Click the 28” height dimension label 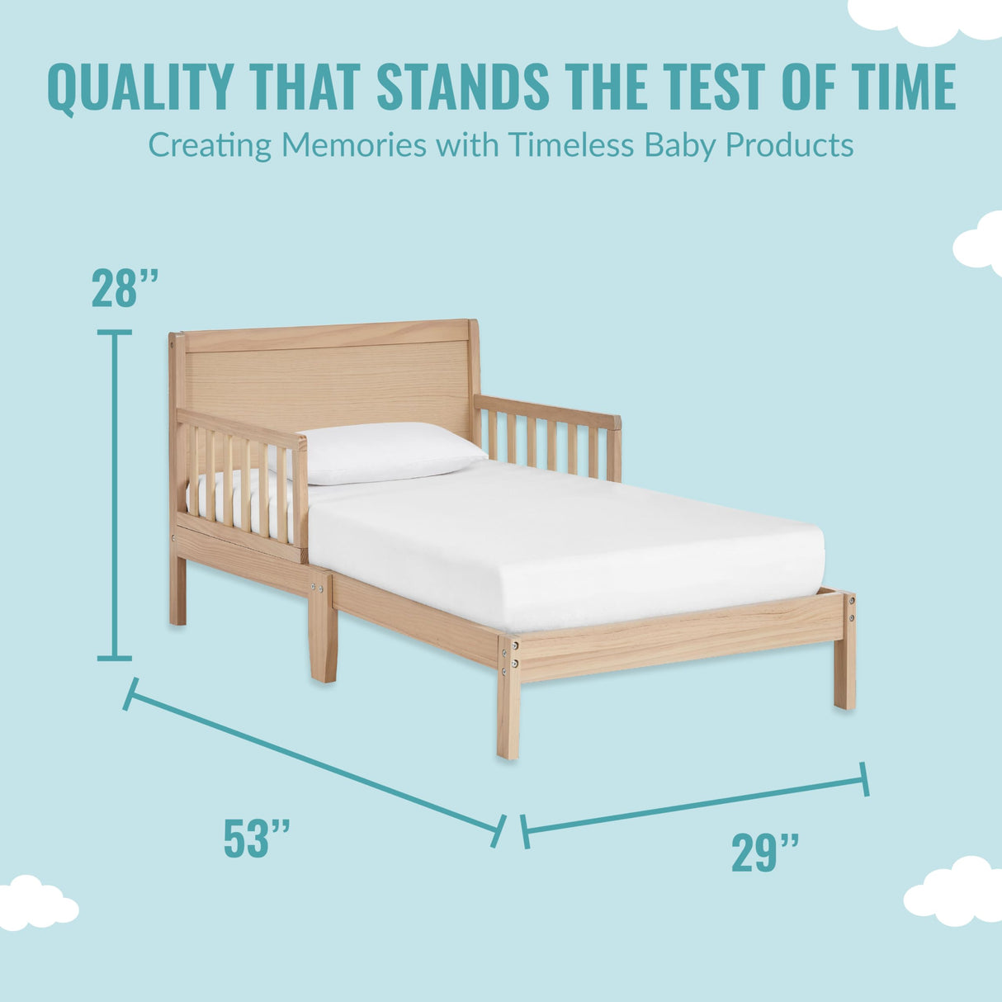pyautogui.click(x=125, y=289)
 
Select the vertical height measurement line pyautogui.click(x=115, y=495)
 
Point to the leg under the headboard pyautogui.click(x=177, y=590)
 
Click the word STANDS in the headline pyautogui.click(x=463, y=86)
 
